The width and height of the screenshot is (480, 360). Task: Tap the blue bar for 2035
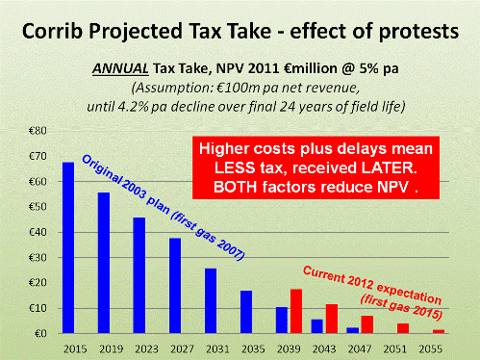click(246, 312)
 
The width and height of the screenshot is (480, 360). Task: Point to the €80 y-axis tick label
click(40, 129)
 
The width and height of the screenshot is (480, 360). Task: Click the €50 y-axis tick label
click(40, 206)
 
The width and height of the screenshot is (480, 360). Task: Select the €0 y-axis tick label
click(43, 333)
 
